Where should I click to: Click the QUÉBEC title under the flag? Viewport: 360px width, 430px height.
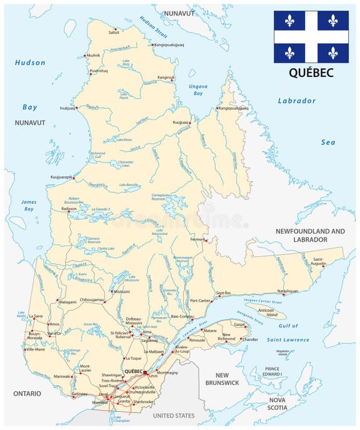[x=311, y=73]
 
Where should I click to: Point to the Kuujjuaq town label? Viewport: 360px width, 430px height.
[x=181, y=122]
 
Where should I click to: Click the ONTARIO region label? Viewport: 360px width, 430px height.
[x=25, y=393]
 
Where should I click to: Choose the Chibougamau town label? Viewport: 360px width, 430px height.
[x=93, y=300]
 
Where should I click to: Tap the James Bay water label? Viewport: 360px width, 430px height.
[x=29, y=206]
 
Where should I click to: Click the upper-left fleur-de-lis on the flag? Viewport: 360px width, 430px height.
[x=289, y=20]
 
